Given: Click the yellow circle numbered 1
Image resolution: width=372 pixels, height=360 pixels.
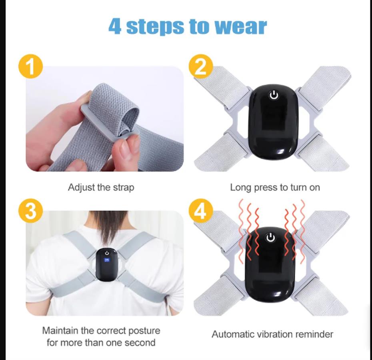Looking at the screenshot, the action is [x=31, y=66].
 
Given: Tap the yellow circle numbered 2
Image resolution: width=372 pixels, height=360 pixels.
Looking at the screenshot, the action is [x=201, y=66].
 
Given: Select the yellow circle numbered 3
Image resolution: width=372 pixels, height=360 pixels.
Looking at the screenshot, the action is [x=31, y=210].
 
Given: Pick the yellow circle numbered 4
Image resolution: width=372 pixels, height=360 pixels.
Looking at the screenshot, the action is [x=201, y=210].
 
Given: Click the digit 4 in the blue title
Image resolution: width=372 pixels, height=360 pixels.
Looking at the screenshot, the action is [x=115, y=26].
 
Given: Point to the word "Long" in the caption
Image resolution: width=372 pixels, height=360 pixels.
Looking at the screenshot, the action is [x=240, y=188].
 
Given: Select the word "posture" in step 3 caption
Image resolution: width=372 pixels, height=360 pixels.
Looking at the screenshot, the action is [x=144, y=330].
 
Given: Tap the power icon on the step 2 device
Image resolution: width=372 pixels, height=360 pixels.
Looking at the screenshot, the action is [x=274, y=95].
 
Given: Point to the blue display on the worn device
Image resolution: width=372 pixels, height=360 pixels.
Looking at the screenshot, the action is [x=107, y=260].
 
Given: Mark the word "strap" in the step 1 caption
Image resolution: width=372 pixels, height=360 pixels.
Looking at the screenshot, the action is [x=123, y=188].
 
